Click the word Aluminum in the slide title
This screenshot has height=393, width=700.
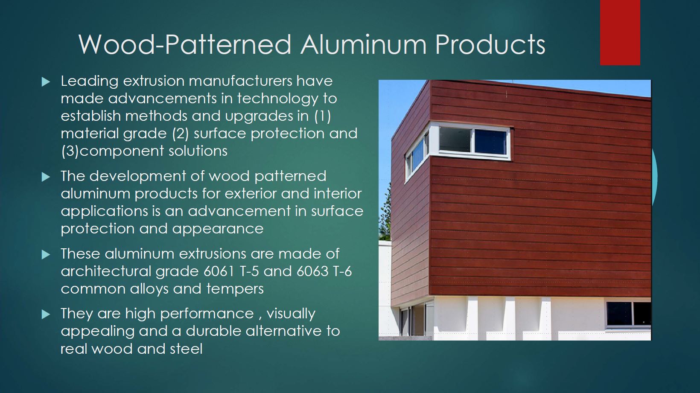coord(363,44)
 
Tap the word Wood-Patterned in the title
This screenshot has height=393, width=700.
coord(185,44)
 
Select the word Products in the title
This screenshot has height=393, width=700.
coord(490,44)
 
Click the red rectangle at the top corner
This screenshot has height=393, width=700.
coord(620,32)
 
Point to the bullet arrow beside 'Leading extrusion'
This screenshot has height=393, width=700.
coord(46,82)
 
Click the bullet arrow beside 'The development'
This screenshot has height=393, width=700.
coord(46,177)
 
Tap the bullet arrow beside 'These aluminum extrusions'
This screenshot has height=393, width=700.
coord(46,255)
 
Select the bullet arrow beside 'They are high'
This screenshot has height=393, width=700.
coord(46,314)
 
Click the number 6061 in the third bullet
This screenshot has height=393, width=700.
coord(219,271)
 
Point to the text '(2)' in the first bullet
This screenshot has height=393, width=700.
coord(181,134)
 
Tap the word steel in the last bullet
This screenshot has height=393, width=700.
coord(186,349)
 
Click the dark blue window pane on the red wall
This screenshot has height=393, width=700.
coord(490,142)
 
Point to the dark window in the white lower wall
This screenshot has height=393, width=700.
coord(629,314)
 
